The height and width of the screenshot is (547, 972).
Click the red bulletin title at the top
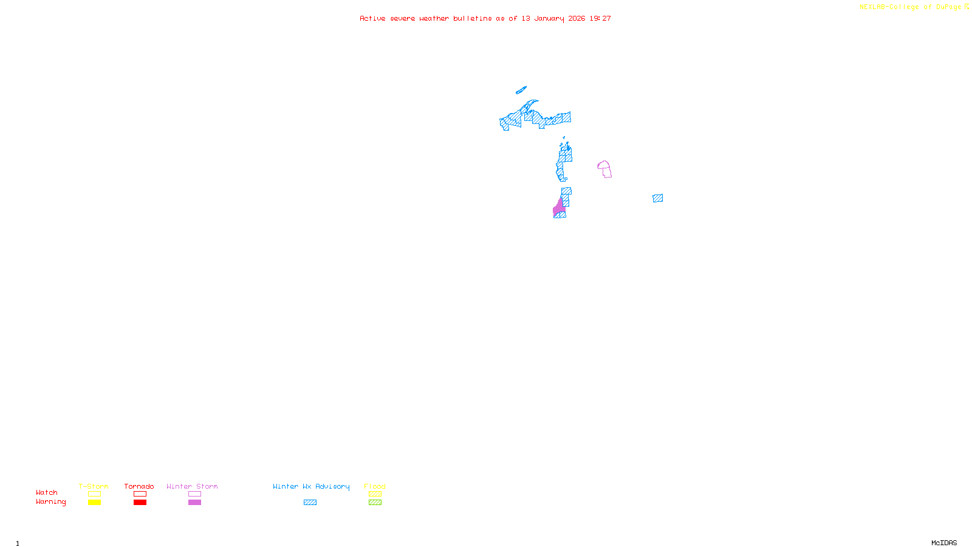click(x=485, y=19)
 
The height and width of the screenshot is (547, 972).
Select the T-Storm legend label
click(x=94, y=486)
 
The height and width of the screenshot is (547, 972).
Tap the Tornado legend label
click(x=139, y=486)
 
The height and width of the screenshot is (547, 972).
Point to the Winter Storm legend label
click(x=192, y=486)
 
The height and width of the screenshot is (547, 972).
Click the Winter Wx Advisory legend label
click(x=311, y=486)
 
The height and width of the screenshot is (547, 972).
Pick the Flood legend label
click(x=375, y=486)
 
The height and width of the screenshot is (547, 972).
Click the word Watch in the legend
click(x=47, y=493)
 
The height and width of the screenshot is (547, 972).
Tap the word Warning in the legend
click(x=51, y=502)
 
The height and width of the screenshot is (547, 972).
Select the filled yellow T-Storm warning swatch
click(x=94, y=503)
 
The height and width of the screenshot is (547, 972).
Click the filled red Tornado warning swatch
click(x=140, y=503)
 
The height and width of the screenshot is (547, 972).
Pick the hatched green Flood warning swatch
click(x=375, y=503)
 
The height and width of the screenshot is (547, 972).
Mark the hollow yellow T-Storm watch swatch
click(x=94, y=494)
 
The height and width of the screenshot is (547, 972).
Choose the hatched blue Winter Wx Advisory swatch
click(x=310, y=503)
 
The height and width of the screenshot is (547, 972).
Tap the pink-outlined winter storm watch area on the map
click(x=604, y=169)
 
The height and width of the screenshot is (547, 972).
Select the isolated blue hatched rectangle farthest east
click(x=658, y=198)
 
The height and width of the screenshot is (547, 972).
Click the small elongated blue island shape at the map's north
click(x=521, y=90)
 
